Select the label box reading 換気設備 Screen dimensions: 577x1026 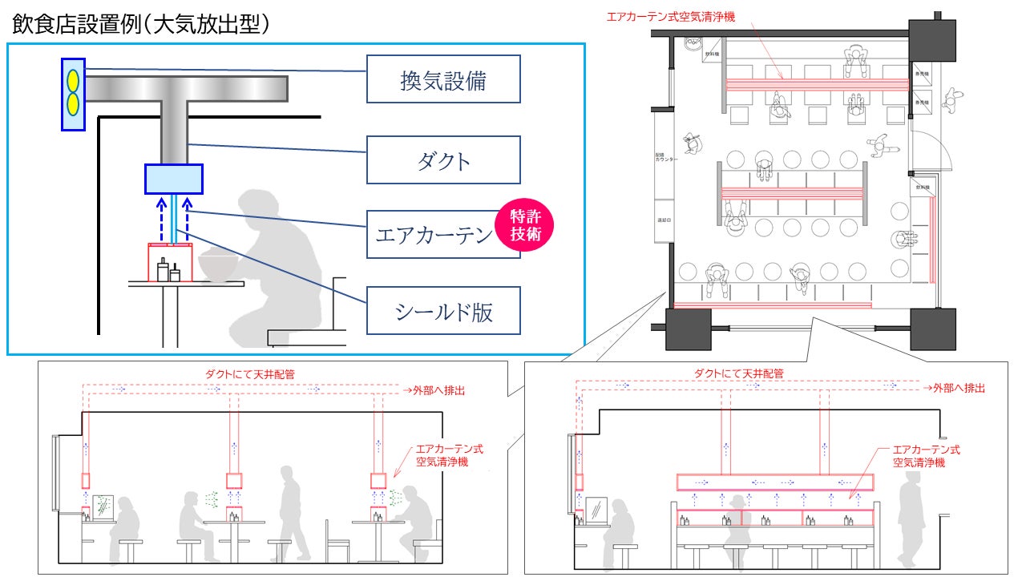pos(443,80)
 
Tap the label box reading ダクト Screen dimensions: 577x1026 pos(443,160)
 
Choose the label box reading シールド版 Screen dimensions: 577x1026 pos(443,311)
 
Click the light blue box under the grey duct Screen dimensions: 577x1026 pos(173,179)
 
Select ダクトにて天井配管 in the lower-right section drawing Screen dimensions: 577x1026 pos(738,373)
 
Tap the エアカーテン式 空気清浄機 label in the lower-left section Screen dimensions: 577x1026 pos(449,455)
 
